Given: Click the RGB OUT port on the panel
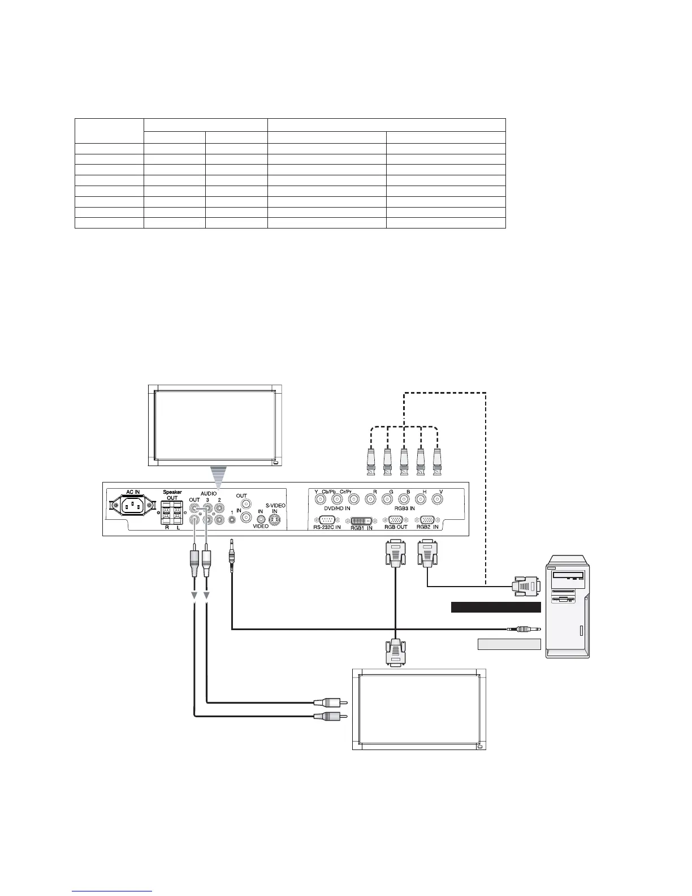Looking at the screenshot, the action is click(396, 520).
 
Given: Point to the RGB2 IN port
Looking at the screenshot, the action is click(427, 520).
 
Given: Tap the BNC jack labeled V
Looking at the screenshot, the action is click(437, 499).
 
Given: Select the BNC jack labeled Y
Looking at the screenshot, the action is click(321, 499).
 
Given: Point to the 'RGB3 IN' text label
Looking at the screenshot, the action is click(404, 509).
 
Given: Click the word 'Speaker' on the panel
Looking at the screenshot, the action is click(172, 492).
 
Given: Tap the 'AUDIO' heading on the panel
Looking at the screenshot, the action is click(209, 493).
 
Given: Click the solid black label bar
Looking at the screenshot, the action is click(496, 608).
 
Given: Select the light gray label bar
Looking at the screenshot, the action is click(509, 644).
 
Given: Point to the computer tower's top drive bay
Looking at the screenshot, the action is click(570, 575).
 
